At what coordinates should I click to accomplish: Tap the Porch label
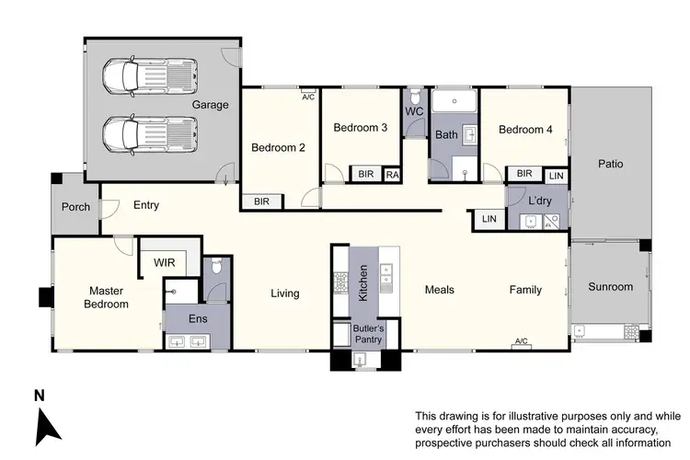coord(75,207)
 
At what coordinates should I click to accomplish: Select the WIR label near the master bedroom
coord(165,263)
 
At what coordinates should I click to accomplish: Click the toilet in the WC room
coord(414,98)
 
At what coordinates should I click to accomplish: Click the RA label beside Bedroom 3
coord(392,174)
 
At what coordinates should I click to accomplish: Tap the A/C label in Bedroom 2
coord(308,96)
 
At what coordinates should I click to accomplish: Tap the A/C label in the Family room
coord(523,341)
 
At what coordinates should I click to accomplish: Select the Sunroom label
coord(610,287)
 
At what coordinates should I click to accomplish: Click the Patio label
coord(610,165)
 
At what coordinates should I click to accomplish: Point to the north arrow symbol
coord(49,425)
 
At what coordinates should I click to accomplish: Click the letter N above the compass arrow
coord(39,397)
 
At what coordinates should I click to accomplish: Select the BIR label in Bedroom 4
coord(523,174)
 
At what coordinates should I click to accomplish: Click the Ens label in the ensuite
coord(197,319)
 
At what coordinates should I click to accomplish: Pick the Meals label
coord(439,290)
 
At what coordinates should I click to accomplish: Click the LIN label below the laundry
coord(488,219)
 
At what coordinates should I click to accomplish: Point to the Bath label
coord(446,135)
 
